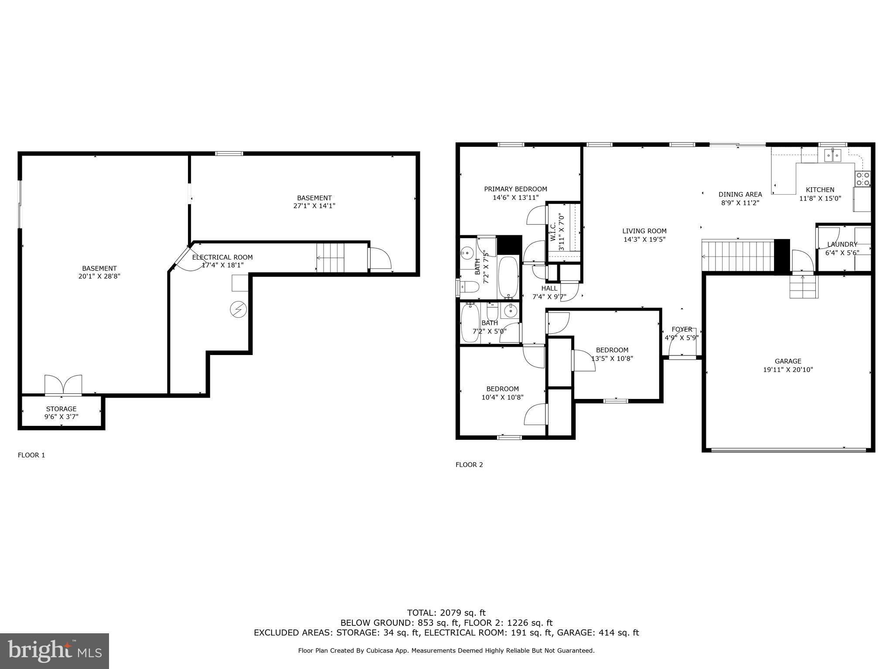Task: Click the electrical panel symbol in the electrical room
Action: [238, 310]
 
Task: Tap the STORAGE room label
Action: [61, 409]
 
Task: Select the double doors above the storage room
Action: [63, 385]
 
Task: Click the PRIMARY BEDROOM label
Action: [515, 189]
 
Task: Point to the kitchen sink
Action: [832, 155]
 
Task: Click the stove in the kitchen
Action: [862, 178]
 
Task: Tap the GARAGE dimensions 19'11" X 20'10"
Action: [788, 370]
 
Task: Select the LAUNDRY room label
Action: [842, 244]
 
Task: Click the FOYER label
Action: [682, 329]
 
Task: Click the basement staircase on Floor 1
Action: [331, 258]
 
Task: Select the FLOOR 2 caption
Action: [469, 465]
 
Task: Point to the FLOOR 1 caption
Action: [31, 455]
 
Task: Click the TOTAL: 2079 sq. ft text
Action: [446, 613]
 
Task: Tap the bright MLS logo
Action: [55, 651]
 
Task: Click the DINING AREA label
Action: [740, 194]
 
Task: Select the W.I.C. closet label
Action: [553, 232]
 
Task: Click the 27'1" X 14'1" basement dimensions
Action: [314, 206]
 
